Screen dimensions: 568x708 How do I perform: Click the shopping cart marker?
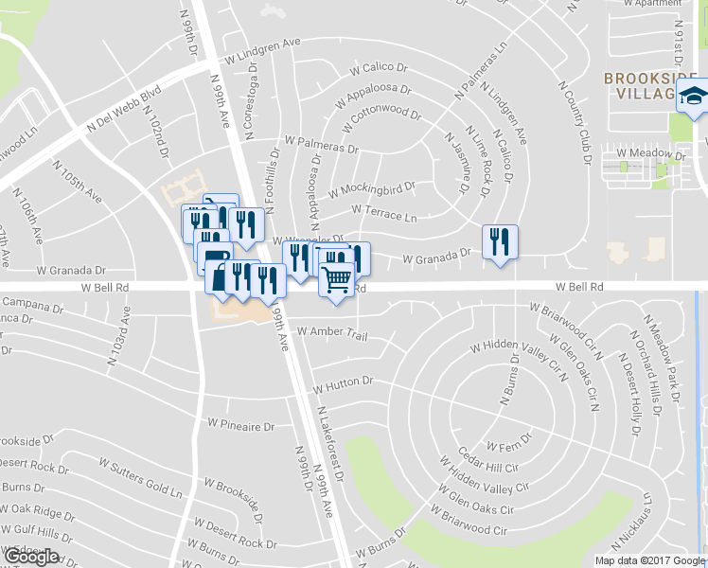[x=337, y=280]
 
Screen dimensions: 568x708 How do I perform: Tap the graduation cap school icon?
[x=693, y=97]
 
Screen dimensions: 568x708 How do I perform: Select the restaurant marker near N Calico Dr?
[x=498, y=242]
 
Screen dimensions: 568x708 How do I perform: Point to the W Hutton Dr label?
[x=345, y=386]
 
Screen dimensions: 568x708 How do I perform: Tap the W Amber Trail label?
[x=330, y=331]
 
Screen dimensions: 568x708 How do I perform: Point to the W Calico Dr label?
[x=378, y=68]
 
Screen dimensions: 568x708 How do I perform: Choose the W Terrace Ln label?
[x=383, y=214]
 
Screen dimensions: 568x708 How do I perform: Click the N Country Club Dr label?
[x=575, y=120]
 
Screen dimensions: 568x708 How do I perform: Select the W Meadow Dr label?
[x=650, y=152]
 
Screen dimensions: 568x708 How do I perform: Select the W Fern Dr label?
[x=509, y=441]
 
